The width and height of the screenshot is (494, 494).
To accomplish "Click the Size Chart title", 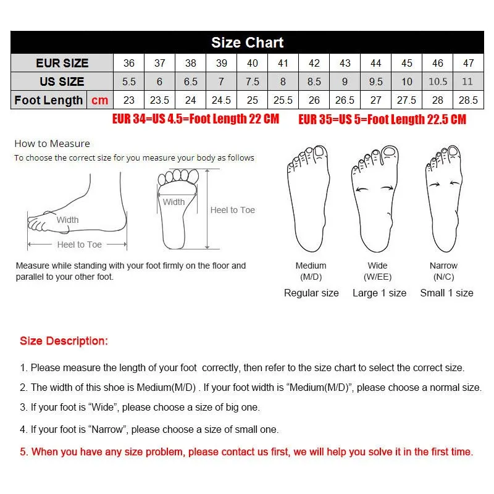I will click(247, 43).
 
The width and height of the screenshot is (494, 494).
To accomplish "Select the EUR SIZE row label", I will click(62, 63).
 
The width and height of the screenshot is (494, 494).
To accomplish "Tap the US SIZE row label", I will click(62, 82).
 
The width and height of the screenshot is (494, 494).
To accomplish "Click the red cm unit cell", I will click(99, 100).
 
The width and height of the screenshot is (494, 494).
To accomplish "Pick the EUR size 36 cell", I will click(129, 63).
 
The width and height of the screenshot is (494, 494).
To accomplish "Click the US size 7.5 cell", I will click(253, 82).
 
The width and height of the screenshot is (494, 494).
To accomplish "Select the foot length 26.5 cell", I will click(345, 100).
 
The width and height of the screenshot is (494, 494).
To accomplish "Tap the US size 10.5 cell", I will click(437, 82).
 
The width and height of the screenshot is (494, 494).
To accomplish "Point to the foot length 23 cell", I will click(129, 100).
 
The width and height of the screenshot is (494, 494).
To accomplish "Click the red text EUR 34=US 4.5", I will click(196, 119).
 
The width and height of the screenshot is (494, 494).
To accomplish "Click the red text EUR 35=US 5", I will click(382, 119).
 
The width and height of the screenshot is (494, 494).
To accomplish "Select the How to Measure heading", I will click(52, 143).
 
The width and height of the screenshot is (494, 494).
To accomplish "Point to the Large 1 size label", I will click(379, 293).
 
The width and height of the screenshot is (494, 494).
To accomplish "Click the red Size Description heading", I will click(64, 341).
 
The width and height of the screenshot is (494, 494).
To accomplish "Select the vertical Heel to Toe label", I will click(233, 210).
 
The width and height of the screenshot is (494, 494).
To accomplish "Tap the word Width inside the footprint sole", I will click(174, 202).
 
